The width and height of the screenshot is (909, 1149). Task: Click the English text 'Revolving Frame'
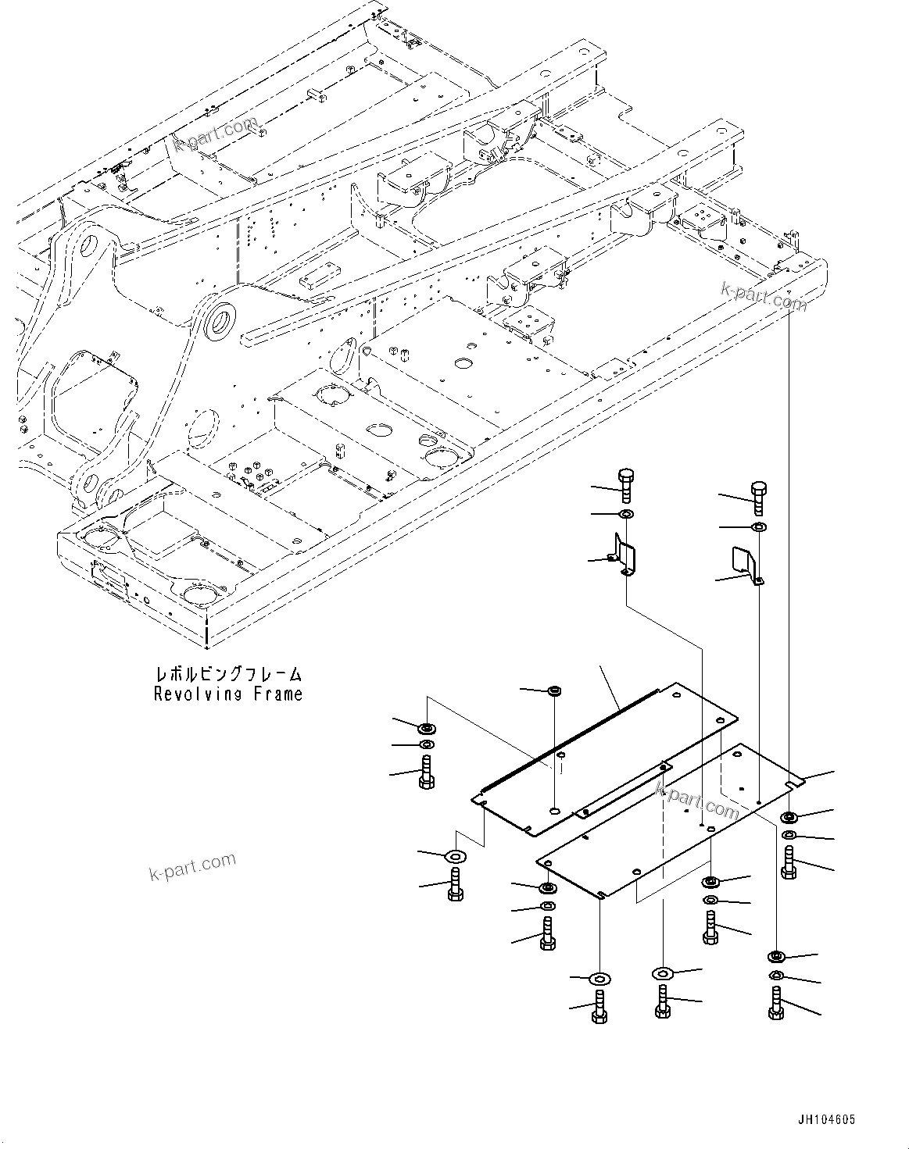pos(227,694)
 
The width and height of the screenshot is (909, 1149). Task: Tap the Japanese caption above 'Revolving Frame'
pos(227,674)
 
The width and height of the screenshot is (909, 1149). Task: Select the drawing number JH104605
pos(826,1119)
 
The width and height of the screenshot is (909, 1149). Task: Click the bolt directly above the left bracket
pos(625,485)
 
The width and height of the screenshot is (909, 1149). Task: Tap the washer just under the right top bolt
pos(758,529)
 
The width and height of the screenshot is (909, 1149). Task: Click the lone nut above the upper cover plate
pos(555,690)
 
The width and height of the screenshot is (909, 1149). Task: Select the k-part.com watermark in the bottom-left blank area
pos(192,865)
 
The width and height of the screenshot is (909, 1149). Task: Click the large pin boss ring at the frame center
pos(220,323)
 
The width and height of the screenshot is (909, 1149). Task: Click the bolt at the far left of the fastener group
pos(427,773)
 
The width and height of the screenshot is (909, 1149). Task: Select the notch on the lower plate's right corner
pos(796,782)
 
